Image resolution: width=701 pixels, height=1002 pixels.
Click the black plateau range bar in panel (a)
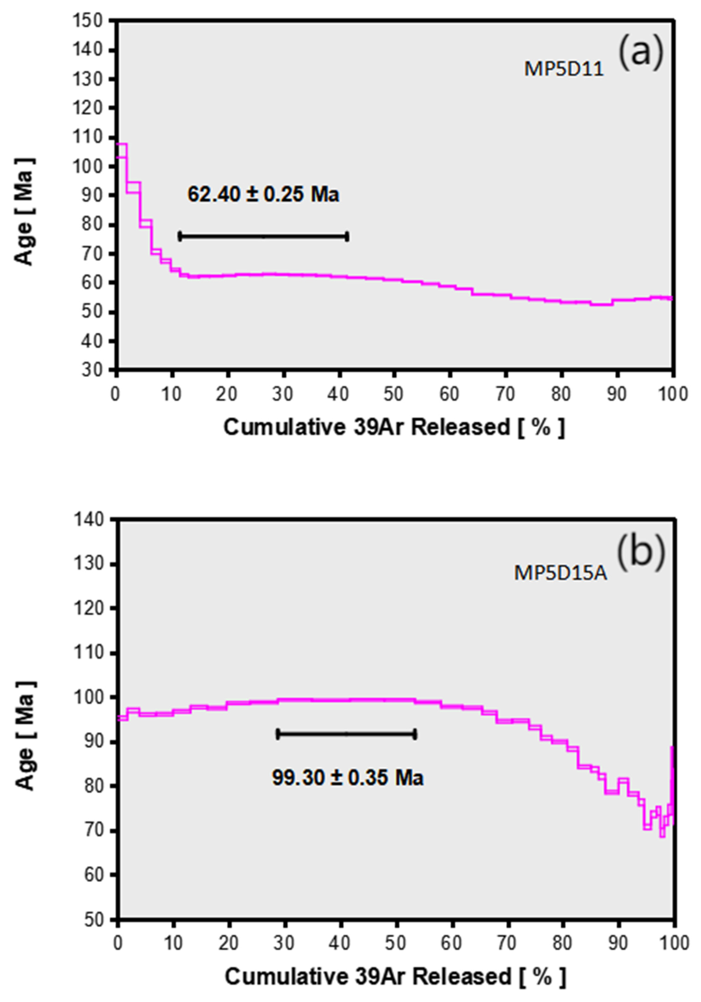click(263, 237)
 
